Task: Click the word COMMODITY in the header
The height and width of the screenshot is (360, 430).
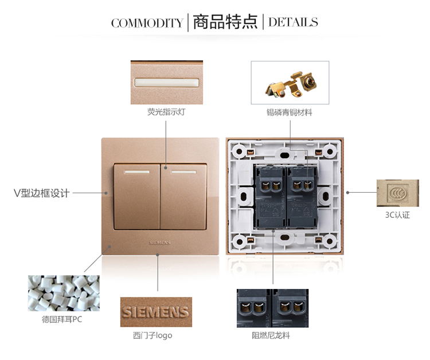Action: [147, 23]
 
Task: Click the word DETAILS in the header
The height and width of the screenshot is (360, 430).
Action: [293, 22]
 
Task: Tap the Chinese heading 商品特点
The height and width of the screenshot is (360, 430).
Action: [225, 22]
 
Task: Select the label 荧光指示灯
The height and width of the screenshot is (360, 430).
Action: [166, 112]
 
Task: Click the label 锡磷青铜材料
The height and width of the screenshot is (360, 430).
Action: [290, 112]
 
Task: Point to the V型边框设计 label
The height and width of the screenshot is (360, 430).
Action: [41, 193]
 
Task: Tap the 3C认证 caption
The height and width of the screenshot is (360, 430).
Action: [397, 215]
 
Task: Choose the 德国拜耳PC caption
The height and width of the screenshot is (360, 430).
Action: [62, 319]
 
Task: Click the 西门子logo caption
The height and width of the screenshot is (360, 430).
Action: [153, 335]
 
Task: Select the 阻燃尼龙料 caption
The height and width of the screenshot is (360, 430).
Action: [271, 335]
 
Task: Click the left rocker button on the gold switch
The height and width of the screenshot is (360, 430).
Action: [137, 197]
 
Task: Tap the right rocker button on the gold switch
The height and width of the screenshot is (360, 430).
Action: [183, 197]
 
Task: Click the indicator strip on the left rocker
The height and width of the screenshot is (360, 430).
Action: [137, 172]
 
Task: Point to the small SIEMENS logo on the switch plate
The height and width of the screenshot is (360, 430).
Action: [160, 242]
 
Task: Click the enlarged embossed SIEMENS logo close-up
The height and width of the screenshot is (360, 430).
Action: [156, 312]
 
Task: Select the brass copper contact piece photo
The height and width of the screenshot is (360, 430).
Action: [290, 83]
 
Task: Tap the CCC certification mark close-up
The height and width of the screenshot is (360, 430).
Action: [398, 193]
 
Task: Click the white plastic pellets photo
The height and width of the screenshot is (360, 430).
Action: [64, 293]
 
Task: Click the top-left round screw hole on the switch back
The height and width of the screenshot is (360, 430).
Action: [239, 151]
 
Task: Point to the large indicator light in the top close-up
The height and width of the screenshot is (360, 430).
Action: [166, 83]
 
